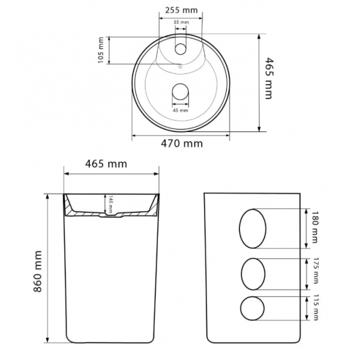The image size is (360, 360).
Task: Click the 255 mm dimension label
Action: [181, 10]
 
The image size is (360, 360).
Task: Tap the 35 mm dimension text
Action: [181, 22]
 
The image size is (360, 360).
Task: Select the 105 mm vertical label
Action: [101, 50]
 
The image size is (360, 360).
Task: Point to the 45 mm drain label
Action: [180, 110]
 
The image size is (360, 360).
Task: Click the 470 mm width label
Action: [182, 144]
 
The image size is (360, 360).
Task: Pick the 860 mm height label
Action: [38, 271]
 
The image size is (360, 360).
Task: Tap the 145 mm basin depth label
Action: [110, 204]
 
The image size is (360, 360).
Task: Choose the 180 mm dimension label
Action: [314, 227]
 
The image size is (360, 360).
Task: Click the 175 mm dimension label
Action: [316, 271]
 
